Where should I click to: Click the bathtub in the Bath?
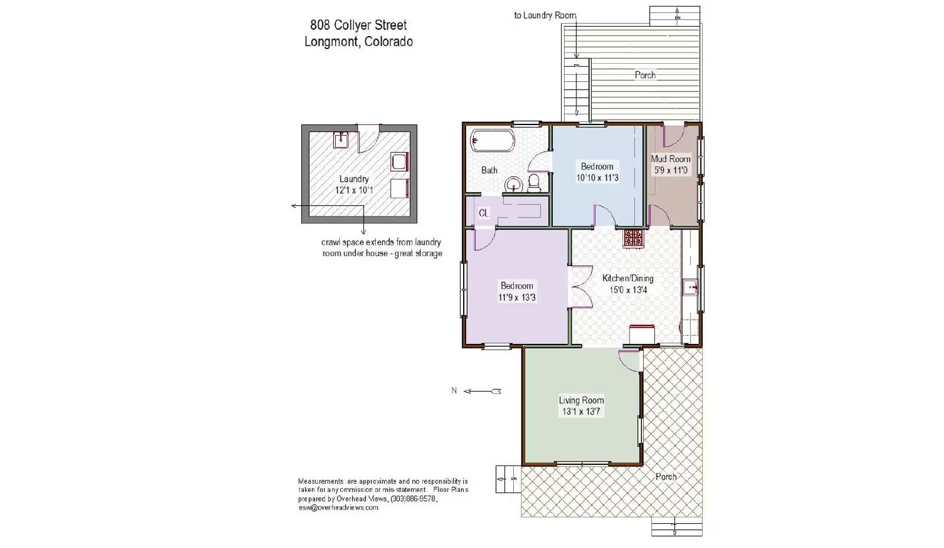pyautogui.click(x=493, y=142)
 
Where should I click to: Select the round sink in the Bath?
pyautogui.click(x=513, y=185)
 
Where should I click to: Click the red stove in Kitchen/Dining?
pyautogui.click(x=634, y=237)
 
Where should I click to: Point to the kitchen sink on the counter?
pyautogui.click(x=690, y=288)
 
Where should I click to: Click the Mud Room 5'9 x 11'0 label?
pyautogui.click(x=670, y=165)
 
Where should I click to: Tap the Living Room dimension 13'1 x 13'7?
pyautogui.click(x=581, y=412)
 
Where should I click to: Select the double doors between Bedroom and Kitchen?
pyautogui.click(x=581, y=287)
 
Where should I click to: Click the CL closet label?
pyautogui.click(x=484, y=213)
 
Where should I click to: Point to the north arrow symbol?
pyautogui.click(x=483, y=391)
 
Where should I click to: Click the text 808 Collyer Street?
pyautogui.click(x=359, y=25)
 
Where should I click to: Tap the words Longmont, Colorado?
pyautogui.click(x=359, y=42)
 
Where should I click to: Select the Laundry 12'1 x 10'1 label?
pyautogui.click(x=354, y=185)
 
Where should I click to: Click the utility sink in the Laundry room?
pyautogui.click(x=341, y=140)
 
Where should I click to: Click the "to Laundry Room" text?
pyautogui.click(x=545, y=15)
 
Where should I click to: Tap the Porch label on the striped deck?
pyautogui.click(x=645, y=75)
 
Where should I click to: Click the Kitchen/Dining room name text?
pyautogui.click(x=628, y=278)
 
